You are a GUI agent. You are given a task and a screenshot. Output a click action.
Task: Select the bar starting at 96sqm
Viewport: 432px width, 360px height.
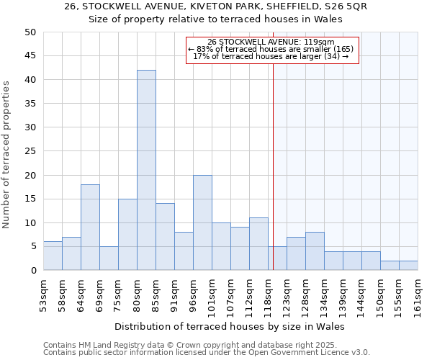tap(202, 222)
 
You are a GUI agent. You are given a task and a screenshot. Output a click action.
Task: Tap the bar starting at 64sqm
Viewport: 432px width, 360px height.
tap(90, 228)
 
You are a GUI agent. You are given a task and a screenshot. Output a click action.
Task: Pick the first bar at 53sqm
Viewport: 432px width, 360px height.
tap(53, 256)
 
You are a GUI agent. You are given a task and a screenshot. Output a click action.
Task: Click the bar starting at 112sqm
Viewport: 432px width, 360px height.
tap(258, 244)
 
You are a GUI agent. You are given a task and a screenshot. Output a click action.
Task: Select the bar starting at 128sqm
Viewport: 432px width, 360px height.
tap(315, 251)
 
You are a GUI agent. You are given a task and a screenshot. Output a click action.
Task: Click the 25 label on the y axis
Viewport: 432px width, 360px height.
tap(30, 151)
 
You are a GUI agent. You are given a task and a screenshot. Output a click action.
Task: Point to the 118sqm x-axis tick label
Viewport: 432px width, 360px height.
tap(269, 294)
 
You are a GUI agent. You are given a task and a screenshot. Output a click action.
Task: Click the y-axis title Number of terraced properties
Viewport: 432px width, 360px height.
tap(6, 155)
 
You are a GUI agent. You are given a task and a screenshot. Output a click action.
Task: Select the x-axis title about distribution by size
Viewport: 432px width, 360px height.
tap(230, 326)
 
